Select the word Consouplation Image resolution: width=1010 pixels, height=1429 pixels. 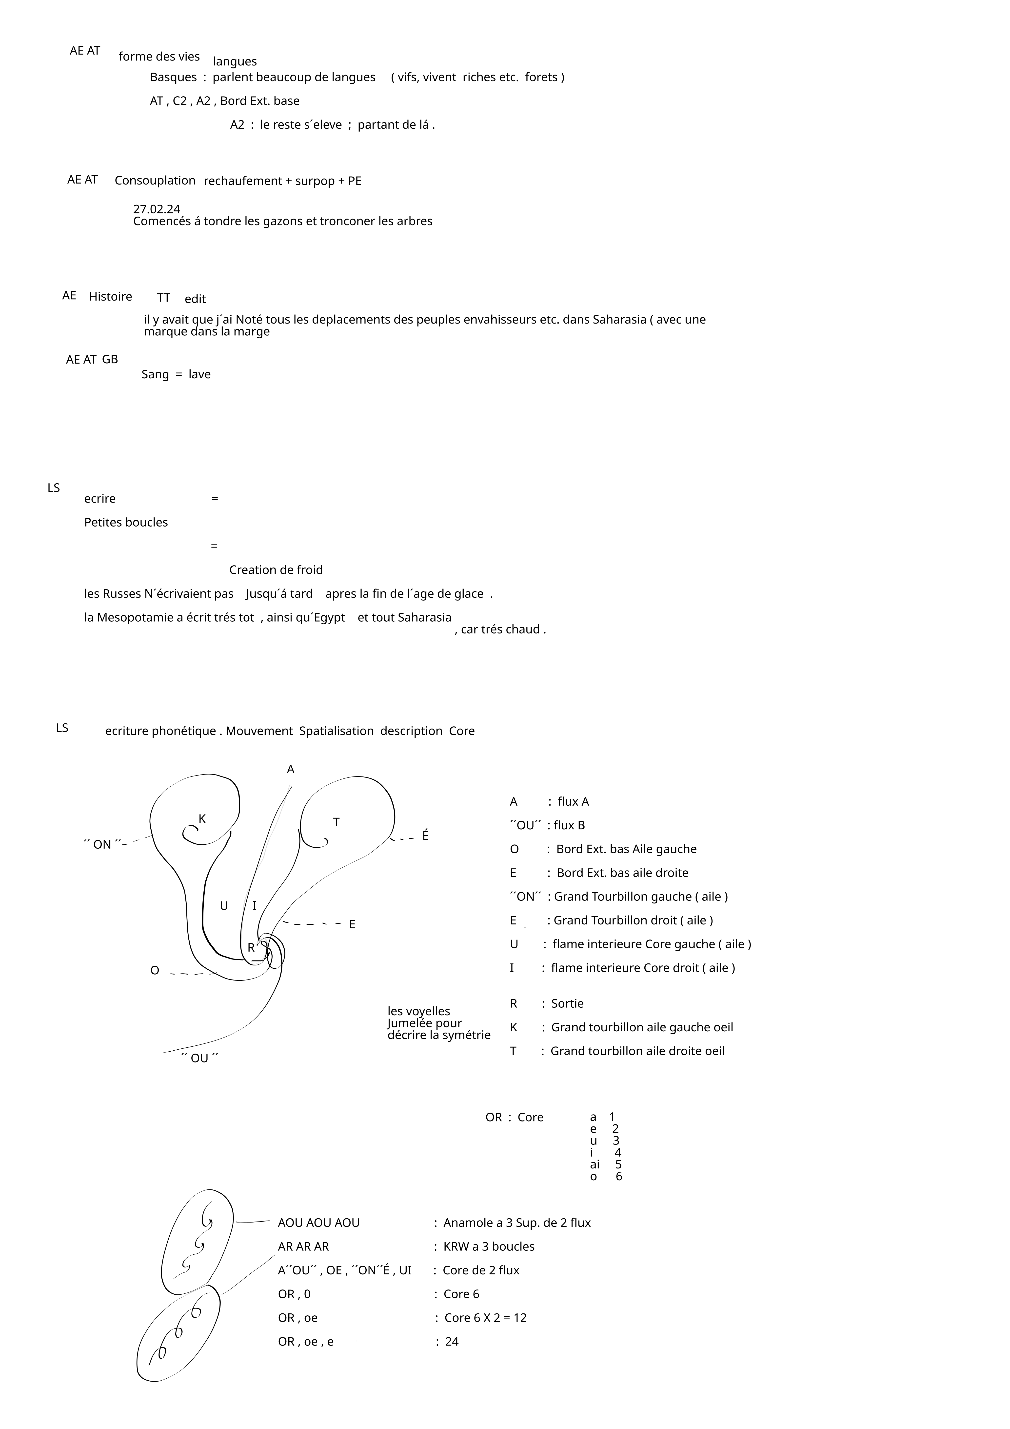(x=155, y=181)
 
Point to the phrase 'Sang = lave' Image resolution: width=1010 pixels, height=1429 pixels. (x=176, y=375)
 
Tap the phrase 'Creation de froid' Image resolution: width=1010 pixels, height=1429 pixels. (x=276, y=570)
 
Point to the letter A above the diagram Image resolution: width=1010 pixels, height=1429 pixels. (x=291, y=770)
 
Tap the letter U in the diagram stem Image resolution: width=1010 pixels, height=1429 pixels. (x=224, y=906)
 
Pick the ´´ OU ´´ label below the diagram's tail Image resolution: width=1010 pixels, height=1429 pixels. (x=199, y=1059)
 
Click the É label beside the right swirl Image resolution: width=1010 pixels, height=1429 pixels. (x=426, y=836)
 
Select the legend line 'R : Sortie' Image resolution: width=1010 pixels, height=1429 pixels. (x=546, y=1004)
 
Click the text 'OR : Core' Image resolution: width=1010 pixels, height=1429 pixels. (x=514, y=1118)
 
